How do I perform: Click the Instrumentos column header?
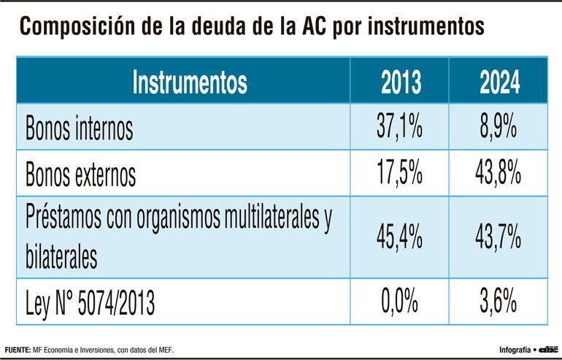(190, 82)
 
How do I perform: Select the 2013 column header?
(401, 82)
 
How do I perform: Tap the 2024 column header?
(499, 82)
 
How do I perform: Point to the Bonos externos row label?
(81, 175)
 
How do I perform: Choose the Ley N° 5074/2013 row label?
(91, 301)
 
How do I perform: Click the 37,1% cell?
(400, 128)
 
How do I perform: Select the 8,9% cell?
(499, 128)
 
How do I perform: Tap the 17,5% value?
(400, 174)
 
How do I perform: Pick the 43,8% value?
(499, 174)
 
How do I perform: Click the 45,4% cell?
(400, 237)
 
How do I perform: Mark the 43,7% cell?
(499, 237)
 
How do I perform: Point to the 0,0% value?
(400, 301)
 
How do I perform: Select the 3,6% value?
(499, 301)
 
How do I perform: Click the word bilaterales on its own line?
(61, 257)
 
